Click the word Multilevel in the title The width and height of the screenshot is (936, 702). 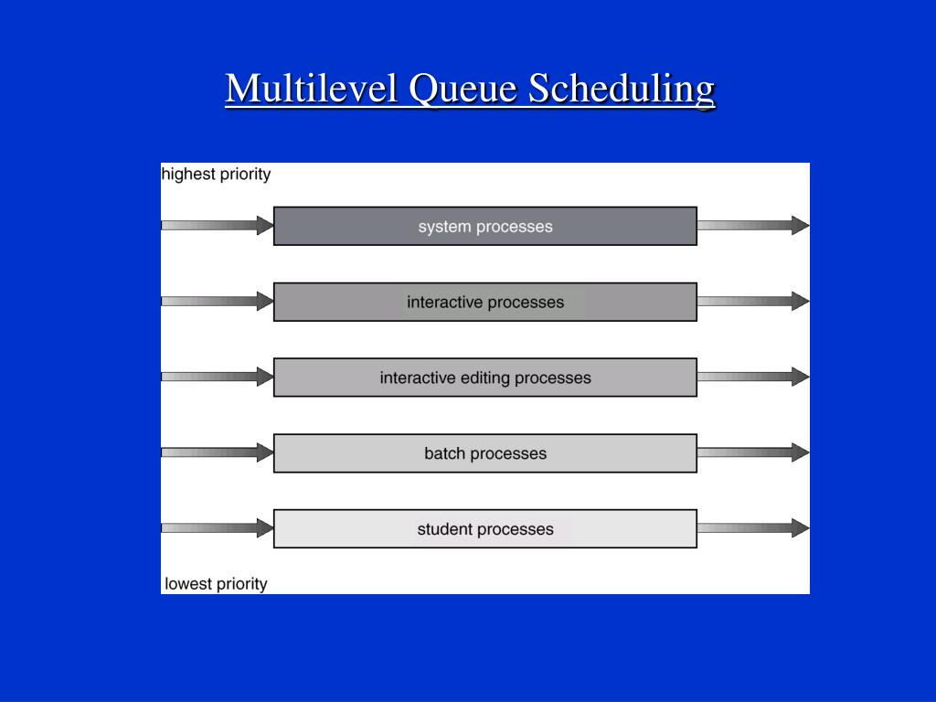[312, 89]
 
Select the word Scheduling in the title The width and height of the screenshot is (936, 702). [622, 89]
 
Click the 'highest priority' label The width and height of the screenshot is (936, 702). [217, 174]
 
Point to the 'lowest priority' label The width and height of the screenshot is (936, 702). [217, 583]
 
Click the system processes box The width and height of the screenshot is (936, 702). [485, 226]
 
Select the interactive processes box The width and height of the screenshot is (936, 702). [485, 302]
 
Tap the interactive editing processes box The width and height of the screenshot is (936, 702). [485, 378]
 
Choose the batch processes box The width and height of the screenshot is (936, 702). [485, 452]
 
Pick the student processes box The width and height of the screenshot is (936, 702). [485, 528]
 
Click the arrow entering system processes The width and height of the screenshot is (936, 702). [218, 225]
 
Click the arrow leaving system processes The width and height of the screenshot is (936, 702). [753, 225]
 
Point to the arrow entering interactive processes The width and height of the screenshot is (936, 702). [218, 301]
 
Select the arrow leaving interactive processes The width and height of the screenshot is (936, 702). [753, 301]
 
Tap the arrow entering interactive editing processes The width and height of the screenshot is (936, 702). [218, 377]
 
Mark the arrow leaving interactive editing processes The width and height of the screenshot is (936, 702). [753, 377]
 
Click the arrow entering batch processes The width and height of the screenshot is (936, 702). [218, 452]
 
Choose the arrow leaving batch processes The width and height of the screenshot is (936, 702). [753, 452]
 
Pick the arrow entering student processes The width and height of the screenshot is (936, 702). [218, 527]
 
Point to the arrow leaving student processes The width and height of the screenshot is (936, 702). [753, 527]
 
